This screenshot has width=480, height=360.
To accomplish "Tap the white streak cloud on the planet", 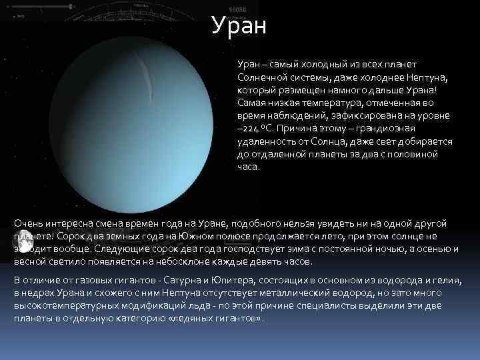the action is tap(145, 80).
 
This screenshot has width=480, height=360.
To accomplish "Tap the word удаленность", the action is tap(266, 142).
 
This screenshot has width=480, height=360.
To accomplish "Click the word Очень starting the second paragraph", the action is tap(29, 224).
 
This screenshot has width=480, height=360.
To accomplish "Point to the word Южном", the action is tap(195, 236).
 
